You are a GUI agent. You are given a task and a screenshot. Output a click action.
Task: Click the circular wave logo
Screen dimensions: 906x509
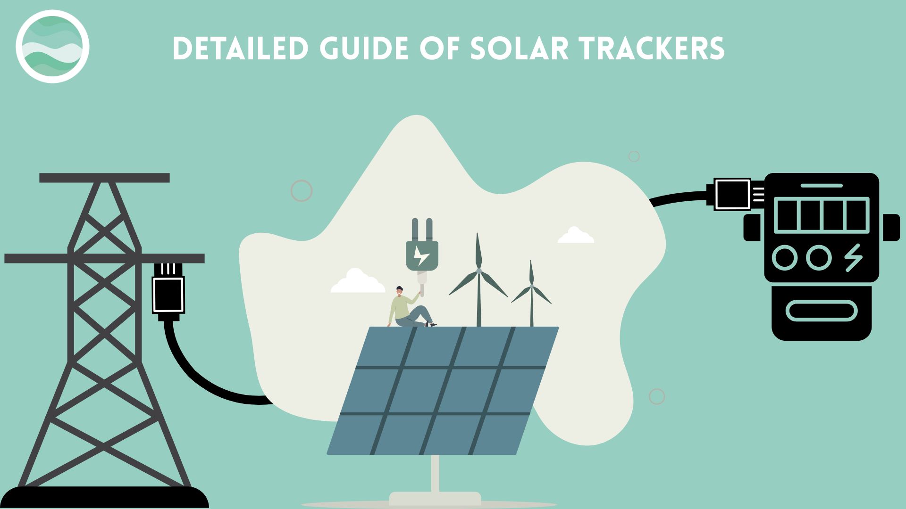point(52,47)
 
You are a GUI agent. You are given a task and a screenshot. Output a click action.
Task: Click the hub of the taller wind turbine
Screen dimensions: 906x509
point(478,271)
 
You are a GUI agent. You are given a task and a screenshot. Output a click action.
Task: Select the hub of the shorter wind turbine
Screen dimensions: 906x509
point(531,286)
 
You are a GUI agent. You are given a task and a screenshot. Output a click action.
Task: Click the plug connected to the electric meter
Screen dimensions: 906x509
point(732,194)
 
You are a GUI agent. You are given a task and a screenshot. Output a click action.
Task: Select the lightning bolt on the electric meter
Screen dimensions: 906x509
point(854,257)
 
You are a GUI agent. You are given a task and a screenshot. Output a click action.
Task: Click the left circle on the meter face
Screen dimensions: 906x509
point(785,257)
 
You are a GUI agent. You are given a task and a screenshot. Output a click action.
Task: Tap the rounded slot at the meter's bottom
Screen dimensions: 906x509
point(821,311)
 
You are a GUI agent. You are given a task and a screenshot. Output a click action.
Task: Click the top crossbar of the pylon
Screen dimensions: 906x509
point(104,178)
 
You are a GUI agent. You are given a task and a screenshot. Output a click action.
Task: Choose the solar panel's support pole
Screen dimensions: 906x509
point(435,474)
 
